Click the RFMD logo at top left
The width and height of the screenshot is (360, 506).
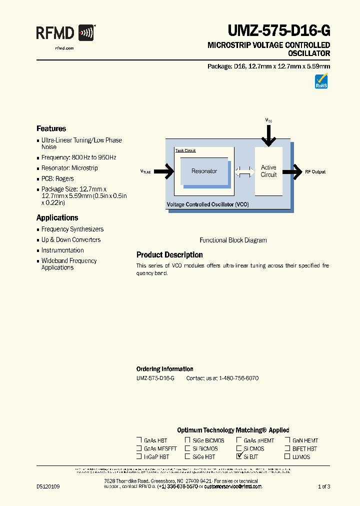pos(64,33)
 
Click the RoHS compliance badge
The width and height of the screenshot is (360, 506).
pos(321,81)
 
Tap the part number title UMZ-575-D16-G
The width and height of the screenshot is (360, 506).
pos(279,31)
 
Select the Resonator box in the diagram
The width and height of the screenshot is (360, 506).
pos(204,171)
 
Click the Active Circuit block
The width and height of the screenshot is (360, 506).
pos(268,171)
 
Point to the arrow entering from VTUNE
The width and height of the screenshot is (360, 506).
pos(164,171)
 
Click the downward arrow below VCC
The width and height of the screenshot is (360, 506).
pos(268,134)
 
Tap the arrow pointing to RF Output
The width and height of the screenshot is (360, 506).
pos(292,171)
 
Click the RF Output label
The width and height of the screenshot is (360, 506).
pos(315,172)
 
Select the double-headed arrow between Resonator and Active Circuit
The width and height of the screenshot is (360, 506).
pos(244,171)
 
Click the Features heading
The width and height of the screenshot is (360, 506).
pos(51,128)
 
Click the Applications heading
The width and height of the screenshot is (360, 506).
pos(57,218)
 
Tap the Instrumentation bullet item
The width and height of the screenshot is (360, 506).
pos(62,250)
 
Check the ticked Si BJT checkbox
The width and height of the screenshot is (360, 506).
pos(239,456)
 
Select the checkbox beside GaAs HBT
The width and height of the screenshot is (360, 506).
pos(139,440)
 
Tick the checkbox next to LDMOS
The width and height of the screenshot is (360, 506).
pos(287,456)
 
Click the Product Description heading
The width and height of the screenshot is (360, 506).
pos(169,255)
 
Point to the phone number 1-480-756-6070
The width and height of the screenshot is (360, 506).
pos(239,378)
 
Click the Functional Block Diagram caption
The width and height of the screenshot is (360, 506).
pos(233,240)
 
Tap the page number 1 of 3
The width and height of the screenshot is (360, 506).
pos(324,486)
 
